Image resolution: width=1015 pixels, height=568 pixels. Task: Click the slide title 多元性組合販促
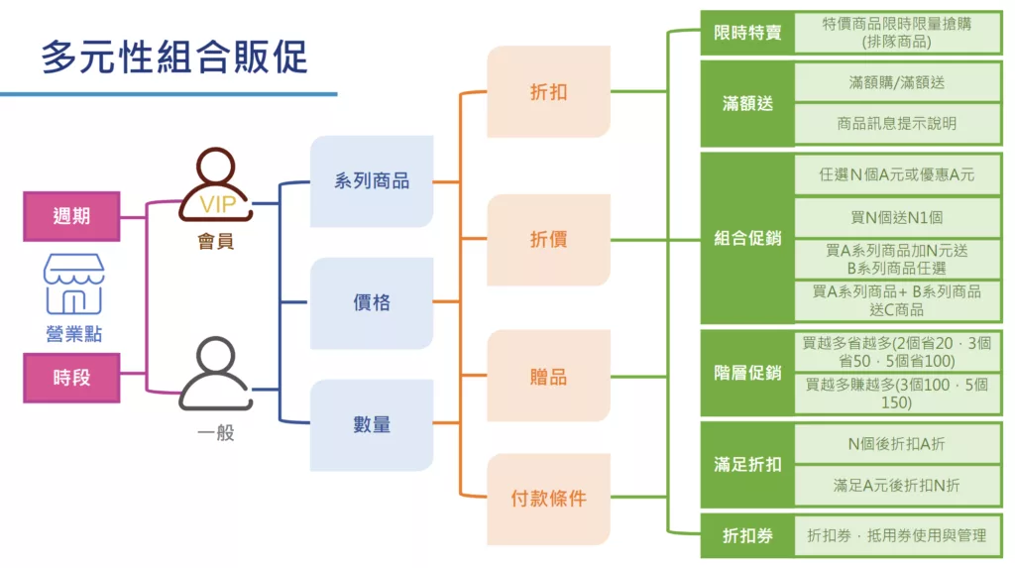click(x=174, y=57)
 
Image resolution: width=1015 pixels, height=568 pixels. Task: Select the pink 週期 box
click(x=71, y=216)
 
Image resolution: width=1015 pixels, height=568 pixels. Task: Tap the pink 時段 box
click(x=71, y=378)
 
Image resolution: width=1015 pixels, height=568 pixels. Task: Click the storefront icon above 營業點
click(x=73, y=284)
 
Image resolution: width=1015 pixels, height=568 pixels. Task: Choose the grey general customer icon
click(x=215, y=373)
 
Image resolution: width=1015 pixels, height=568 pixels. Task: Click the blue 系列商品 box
click(x=372, y=181)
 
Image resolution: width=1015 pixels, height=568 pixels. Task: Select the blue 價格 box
click(x=372, y=303)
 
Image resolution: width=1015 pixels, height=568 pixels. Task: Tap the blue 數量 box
click(x=372, y=425)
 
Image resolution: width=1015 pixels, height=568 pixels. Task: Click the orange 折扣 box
click(x=548, y=92)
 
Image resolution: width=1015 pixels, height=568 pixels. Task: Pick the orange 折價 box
click(x=548, y=240)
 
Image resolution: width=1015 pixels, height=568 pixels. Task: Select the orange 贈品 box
click(x=548, y=377)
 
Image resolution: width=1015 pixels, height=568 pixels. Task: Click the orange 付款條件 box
click(x=548, y=499)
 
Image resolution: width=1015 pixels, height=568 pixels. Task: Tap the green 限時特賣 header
click(x=747, y=33)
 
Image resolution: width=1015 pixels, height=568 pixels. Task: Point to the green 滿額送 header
click(x=747, y=104)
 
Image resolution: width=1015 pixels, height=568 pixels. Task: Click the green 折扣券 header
click(x=747, y=535)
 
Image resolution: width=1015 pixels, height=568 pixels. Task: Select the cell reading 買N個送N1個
click(x=897, y=218)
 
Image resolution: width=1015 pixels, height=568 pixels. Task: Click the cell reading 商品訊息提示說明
click(x=897, y=124)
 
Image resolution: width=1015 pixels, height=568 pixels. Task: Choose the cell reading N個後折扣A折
click(x=897, y=444)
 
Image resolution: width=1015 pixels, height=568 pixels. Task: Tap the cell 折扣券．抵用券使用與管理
click(x=897, y=535)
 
